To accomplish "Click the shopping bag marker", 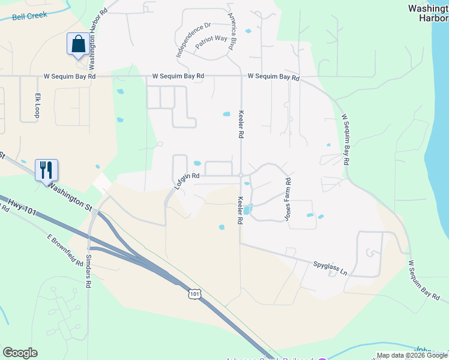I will pos(77,44).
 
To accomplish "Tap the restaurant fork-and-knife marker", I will pos(46,170).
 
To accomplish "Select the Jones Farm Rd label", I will pos(288,197).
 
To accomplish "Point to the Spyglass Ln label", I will pos(330,267).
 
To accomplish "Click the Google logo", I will pos(20,352).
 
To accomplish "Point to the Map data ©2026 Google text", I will pos(412,355).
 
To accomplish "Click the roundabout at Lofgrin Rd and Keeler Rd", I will pos(240,176).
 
